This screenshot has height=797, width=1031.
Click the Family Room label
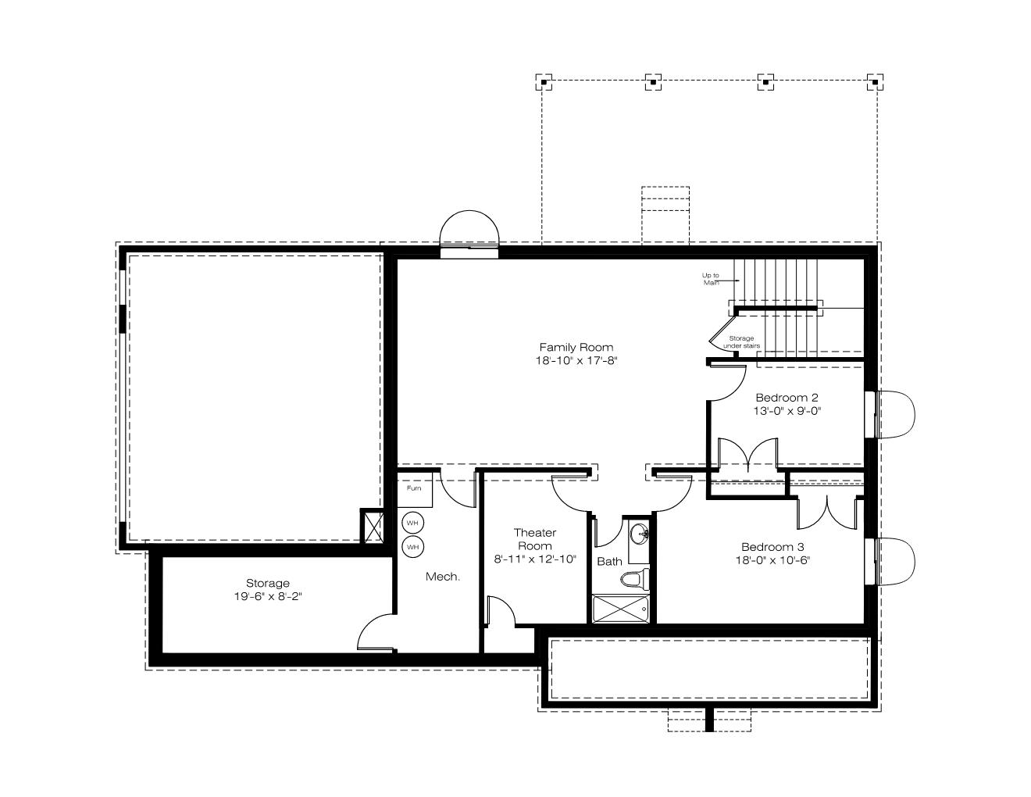tap(576, 347)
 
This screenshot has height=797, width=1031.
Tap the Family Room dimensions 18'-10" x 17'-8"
tap(576, 360)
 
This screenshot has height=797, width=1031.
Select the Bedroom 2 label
tap(787, 397)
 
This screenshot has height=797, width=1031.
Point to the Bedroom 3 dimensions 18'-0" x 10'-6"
tap(772, 560)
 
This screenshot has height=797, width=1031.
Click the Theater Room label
tap(535, 539)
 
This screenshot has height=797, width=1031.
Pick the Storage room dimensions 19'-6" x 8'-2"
tap(268, 596)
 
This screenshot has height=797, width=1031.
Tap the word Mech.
tap(442, 577)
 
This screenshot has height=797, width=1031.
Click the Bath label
tap(609, 562)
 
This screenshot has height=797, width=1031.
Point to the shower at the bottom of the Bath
tap(621, 608)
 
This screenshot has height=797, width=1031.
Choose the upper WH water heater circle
tap(412, 523)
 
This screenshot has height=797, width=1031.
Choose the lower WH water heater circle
tap(412, 547)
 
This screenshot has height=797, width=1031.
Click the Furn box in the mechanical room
tap(414, 489)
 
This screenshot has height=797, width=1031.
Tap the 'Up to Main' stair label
tap(710, 279)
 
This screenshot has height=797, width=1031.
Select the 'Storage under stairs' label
tap(741, 341)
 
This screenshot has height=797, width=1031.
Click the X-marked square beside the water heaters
tap(372, 526)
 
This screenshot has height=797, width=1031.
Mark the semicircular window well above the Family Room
tap(469, 228)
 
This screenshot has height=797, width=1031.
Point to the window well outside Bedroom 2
tap(896, 414)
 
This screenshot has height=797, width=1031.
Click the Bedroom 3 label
tap(772, 547)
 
